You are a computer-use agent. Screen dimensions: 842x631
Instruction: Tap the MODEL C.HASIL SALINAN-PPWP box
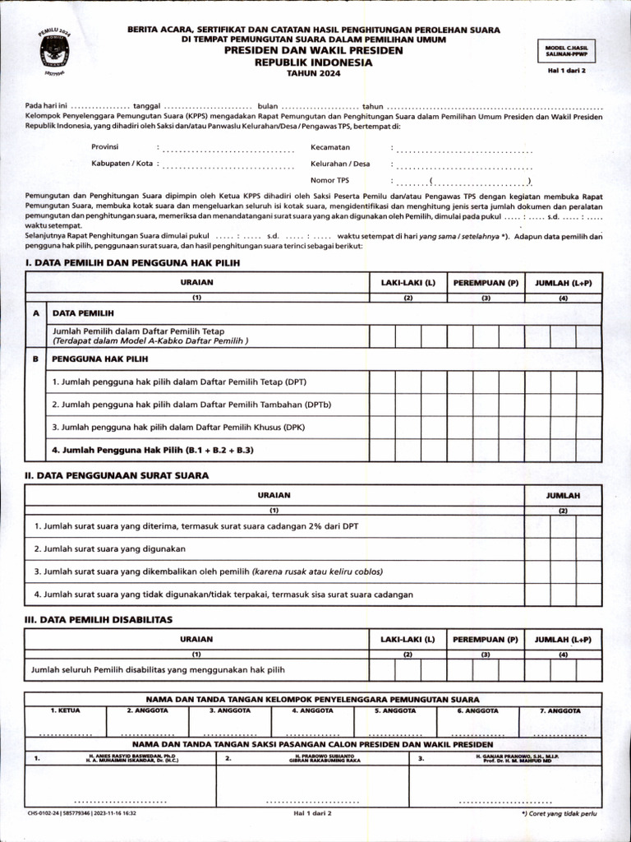pos(566,51)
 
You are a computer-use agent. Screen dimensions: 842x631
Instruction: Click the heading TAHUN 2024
pos(311,73)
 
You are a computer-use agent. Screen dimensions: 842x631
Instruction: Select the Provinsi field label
pos(105,146)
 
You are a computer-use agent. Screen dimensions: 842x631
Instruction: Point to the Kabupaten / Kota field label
pos(122,163)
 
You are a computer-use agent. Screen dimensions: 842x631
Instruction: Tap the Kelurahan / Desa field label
pos(340,163)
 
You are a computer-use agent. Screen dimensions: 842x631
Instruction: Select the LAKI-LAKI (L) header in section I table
pos(408,282)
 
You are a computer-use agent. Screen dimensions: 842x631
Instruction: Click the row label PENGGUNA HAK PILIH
pos(100,359)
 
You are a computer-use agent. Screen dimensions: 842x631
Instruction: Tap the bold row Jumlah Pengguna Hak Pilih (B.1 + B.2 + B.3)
pos(153,450)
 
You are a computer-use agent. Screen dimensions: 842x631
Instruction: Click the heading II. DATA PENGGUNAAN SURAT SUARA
pos(117,474)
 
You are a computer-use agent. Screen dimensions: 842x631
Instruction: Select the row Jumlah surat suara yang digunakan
pos(110,548)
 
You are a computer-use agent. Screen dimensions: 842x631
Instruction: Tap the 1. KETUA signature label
pos(65,710)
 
